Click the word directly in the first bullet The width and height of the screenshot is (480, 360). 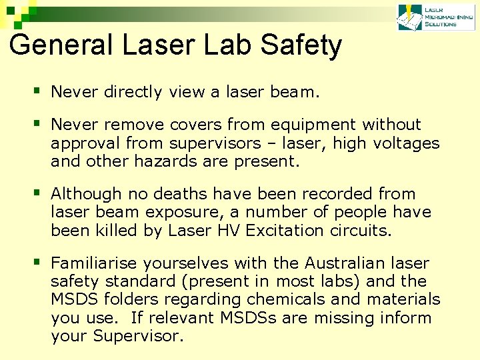(x=133, y=92)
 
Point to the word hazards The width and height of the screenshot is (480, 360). (x=161, y=161)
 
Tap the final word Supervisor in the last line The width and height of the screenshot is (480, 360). (x=137, y=336)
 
